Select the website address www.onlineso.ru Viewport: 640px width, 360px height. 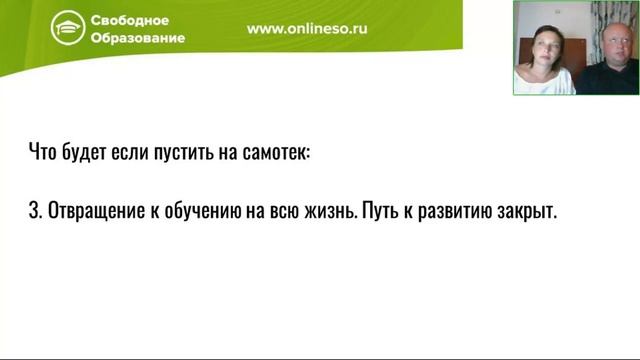[307, 29]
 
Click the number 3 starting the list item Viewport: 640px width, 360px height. [33, 214]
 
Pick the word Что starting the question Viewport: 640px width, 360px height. [43, 154]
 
